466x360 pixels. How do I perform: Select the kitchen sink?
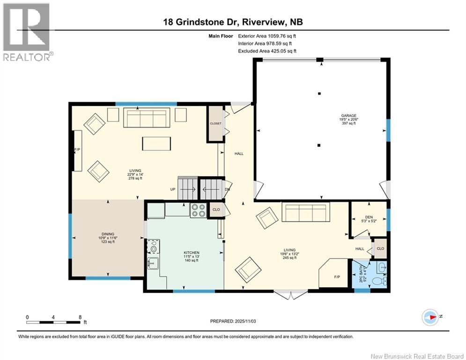(152, 263)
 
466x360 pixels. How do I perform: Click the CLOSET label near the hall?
(215, 124)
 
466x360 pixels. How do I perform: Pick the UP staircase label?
(173, 190)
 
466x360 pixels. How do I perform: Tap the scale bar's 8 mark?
(80, 317)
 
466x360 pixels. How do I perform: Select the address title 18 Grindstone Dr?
(233, 22)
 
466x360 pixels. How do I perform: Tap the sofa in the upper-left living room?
(146, 118)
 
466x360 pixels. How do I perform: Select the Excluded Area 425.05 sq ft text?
(267, 51)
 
